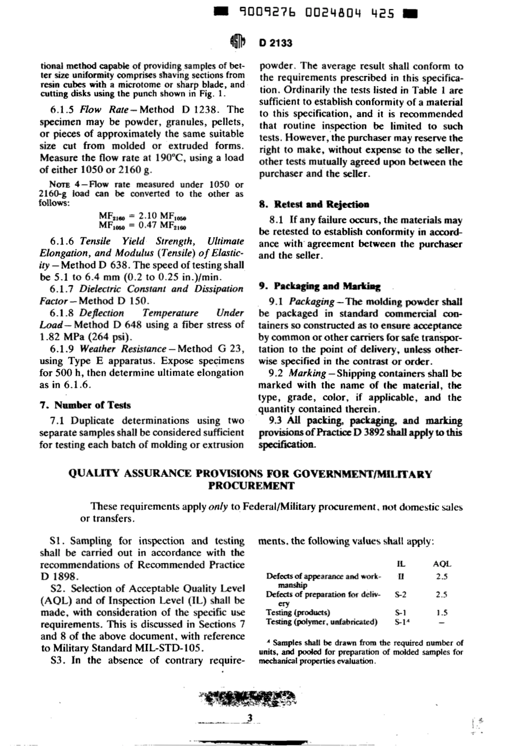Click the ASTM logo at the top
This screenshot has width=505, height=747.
tap(238, 42)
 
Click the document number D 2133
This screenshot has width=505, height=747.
tap(276, 43)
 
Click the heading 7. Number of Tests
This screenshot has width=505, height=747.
tap(85, 405)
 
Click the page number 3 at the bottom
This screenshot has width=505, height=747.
tap(249, 719)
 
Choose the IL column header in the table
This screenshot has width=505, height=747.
tap(401, 564)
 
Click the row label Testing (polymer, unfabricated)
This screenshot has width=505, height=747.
tap(322, 622)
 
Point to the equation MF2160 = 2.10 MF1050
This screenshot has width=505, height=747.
tap(145, 216)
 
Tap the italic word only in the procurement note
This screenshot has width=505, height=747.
tap(218, 507)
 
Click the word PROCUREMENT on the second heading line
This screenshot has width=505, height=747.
tap(250, 485)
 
